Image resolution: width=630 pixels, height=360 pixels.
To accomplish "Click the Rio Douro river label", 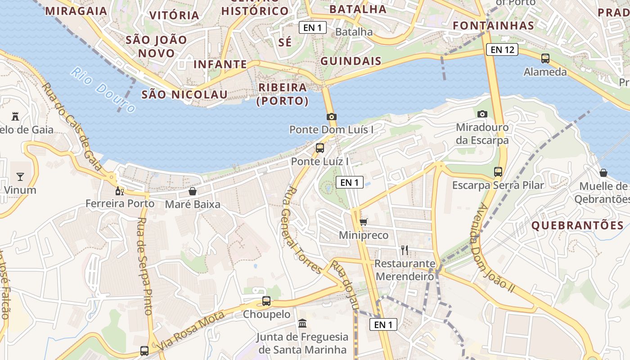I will click(x=103, y=90).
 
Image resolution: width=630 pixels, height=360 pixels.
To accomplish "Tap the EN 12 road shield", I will click(x=502, y=49).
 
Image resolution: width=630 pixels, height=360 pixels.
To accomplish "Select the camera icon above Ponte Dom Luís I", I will click(x=332, y=117).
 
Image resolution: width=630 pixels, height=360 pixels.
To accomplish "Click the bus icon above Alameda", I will click(x=545, y=58).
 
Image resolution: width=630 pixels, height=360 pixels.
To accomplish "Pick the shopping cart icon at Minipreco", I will click(x=364, y=221).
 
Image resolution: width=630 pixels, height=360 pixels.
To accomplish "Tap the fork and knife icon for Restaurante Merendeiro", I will click(x=405, y=250).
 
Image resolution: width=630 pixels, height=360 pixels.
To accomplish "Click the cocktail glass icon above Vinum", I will click(x=20, y=176).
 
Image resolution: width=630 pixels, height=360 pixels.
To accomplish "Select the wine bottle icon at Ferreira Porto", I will click(x=120, y=191).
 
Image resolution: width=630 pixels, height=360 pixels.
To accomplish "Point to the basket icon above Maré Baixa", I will click(x=193, y=191).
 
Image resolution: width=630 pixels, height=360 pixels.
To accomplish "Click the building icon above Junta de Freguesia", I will click(x=302, y=323).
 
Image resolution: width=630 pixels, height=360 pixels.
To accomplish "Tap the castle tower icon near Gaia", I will click(x=16, y=116).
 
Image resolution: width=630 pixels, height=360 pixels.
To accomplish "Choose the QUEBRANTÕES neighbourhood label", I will click(x=577, y=225).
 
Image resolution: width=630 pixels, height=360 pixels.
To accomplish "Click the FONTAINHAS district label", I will click(x=493, y=26).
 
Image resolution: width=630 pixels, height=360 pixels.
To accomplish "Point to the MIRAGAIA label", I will click(x=76, y=11).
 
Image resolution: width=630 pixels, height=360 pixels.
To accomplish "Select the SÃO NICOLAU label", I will click(x=184, y=94).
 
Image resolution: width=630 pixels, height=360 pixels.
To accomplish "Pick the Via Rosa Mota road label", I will click(x=192, y=331).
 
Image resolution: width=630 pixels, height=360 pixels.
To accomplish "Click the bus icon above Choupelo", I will click(x=266, y=301).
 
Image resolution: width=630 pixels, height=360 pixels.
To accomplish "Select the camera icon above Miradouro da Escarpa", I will click(x=482, y=114).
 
